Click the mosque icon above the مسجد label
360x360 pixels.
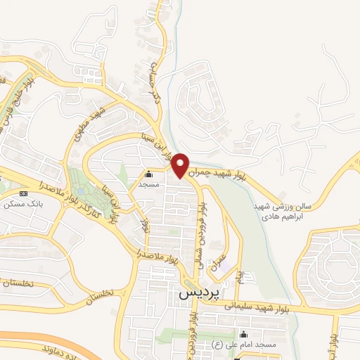(x=148, y=174)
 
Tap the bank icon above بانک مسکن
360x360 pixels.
(x=24, y=193)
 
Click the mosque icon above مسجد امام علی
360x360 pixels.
(x=244, y=334)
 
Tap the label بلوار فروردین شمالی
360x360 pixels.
(x=202, y=231)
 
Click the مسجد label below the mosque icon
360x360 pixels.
(x=148, y=184)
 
